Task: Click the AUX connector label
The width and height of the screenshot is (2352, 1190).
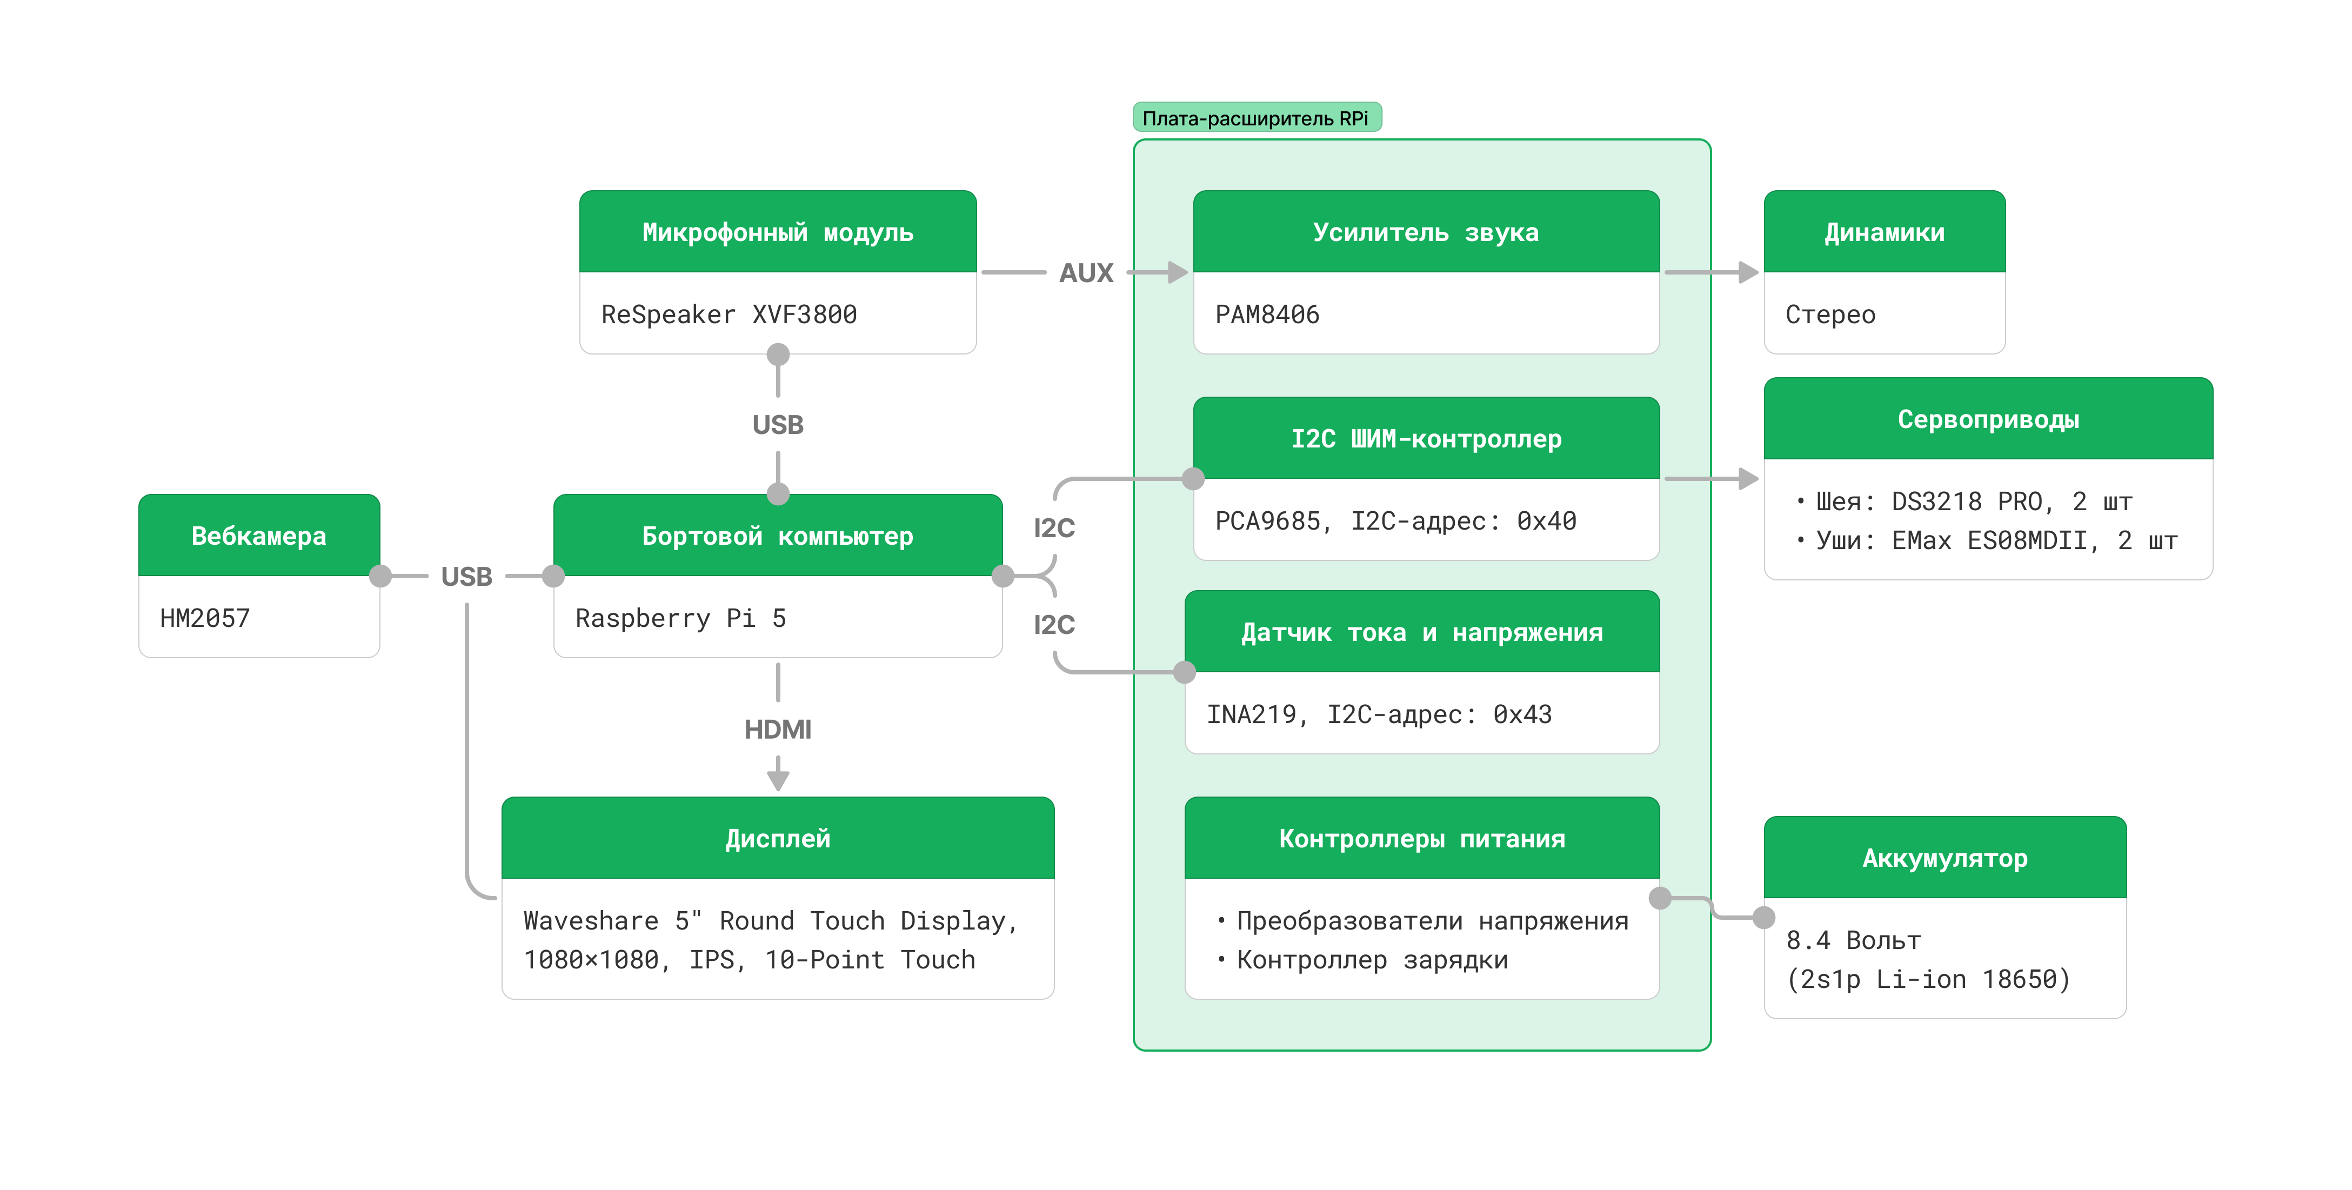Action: pyautogui.click(x=1086, y=272)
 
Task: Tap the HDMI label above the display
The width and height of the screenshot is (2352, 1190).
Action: pyautogui.click(x=777, y=729)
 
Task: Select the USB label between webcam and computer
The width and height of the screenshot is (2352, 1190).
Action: pyautogui.click(x=466, y=576)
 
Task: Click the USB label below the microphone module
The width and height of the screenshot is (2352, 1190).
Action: pyautogui.click(x=777, y=425)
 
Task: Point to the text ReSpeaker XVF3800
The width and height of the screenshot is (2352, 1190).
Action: pyautogui.click(x=729, y=314)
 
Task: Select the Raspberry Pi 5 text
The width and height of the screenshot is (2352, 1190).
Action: pyautogui.click(x=680, y=618)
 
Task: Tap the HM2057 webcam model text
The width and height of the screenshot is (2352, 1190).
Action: pyautogui.click(x=204, y=618)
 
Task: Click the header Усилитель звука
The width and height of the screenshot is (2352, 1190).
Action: pyautogui.click(x=1425, y=232)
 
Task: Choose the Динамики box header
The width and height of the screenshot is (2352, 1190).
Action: pyautogui.click(x=1883, y=232)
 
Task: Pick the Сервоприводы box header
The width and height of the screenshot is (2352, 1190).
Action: pyautogui.click(x=1988, y=419)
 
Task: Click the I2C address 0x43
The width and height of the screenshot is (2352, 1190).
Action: pyautogui.click(x=1522, y=714)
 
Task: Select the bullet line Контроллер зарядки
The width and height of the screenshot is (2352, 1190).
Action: pyautogui.click(x=1372, y=960)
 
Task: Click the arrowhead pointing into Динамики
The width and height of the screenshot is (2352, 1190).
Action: pyautogui.click(x=1748, y=272)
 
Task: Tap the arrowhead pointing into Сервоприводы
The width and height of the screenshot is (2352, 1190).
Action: pyautogui.click(x=1748, y=479)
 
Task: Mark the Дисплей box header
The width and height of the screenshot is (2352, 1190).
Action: pyautogui.click(x=777, y=838)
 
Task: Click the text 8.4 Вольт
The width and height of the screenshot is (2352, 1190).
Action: pyautogui.click(x=1854, y=940)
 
